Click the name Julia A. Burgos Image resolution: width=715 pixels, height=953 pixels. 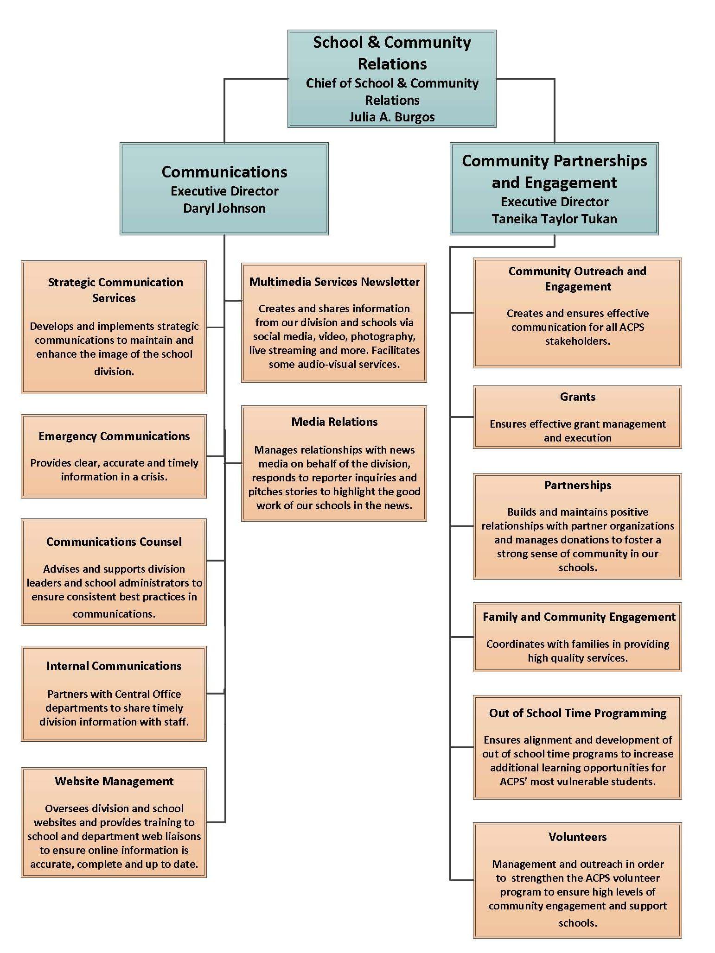(x=392, y=117)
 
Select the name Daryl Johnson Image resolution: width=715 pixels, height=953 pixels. (x=224, y=208)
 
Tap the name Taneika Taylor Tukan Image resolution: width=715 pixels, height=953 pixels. (x=554, y=219)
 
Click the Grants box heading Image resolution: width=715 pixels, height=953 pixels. (x=577, y=397)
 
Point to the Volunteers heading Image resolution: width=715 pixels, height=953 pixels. (x=577, y=837)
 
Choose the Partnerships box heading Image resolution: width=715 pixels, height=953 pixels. (x=577, y=485)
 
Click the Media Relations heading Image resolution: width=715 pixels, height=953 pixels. (x=334, y=422)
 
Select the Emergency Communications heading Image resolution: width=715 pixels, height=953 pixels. (x=114, y=436)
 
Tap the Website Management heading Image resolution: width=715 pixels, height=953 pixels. (x=114, y=781)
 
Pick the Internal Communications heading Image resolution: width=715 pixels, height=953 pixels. (x=114, y=666)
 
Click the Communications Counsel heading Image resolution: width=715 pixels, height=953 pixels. (x=114, y=542)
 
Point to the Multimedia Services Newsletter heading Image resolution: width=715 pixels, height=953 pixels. (x=334, y=282)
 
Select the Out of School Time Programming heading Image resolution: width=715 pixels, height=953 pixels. (x=577, y=713)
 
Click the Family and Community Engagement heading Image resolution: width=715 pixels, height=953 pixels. (x=579, y=617)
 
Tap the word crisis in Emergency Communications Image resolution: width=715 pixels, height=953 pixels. (x=152, y=477)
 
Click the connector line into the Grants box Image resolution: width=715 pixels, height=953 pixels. (x=462, y=417)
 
